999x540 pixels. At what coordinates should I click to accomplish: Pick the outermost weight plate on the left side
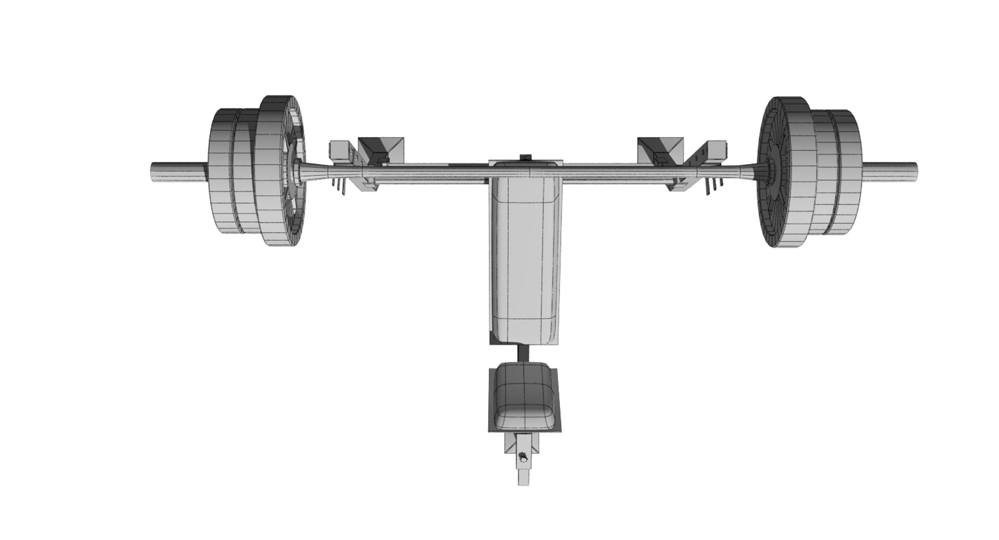tap(221, 172)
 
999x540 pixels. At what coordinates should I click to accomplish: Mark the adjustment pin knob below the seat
tap(523, 458)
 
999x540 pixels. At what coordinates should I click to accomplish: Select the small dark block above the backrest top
tap(526, 157)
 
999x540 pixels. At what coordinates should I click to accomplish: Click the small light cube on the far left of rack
tap(339, 149)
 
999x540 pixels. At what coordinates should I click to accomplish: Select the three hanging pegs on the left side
tap(340, 186)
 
